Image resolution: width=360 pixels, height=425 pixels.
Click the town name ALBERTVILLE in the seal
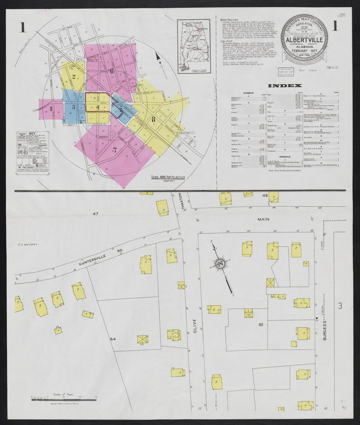pos(303,40)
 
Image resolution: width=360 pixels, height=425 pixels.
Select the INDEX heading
pos(285,86)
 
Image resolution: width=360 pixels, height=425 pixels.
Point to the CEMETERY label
pos(28,244)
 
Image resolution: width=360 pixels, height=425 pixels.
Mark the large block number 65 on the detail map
pos(261,324)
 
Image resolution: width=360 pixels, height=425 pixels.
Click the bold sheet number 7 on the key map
pos(115,150)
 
